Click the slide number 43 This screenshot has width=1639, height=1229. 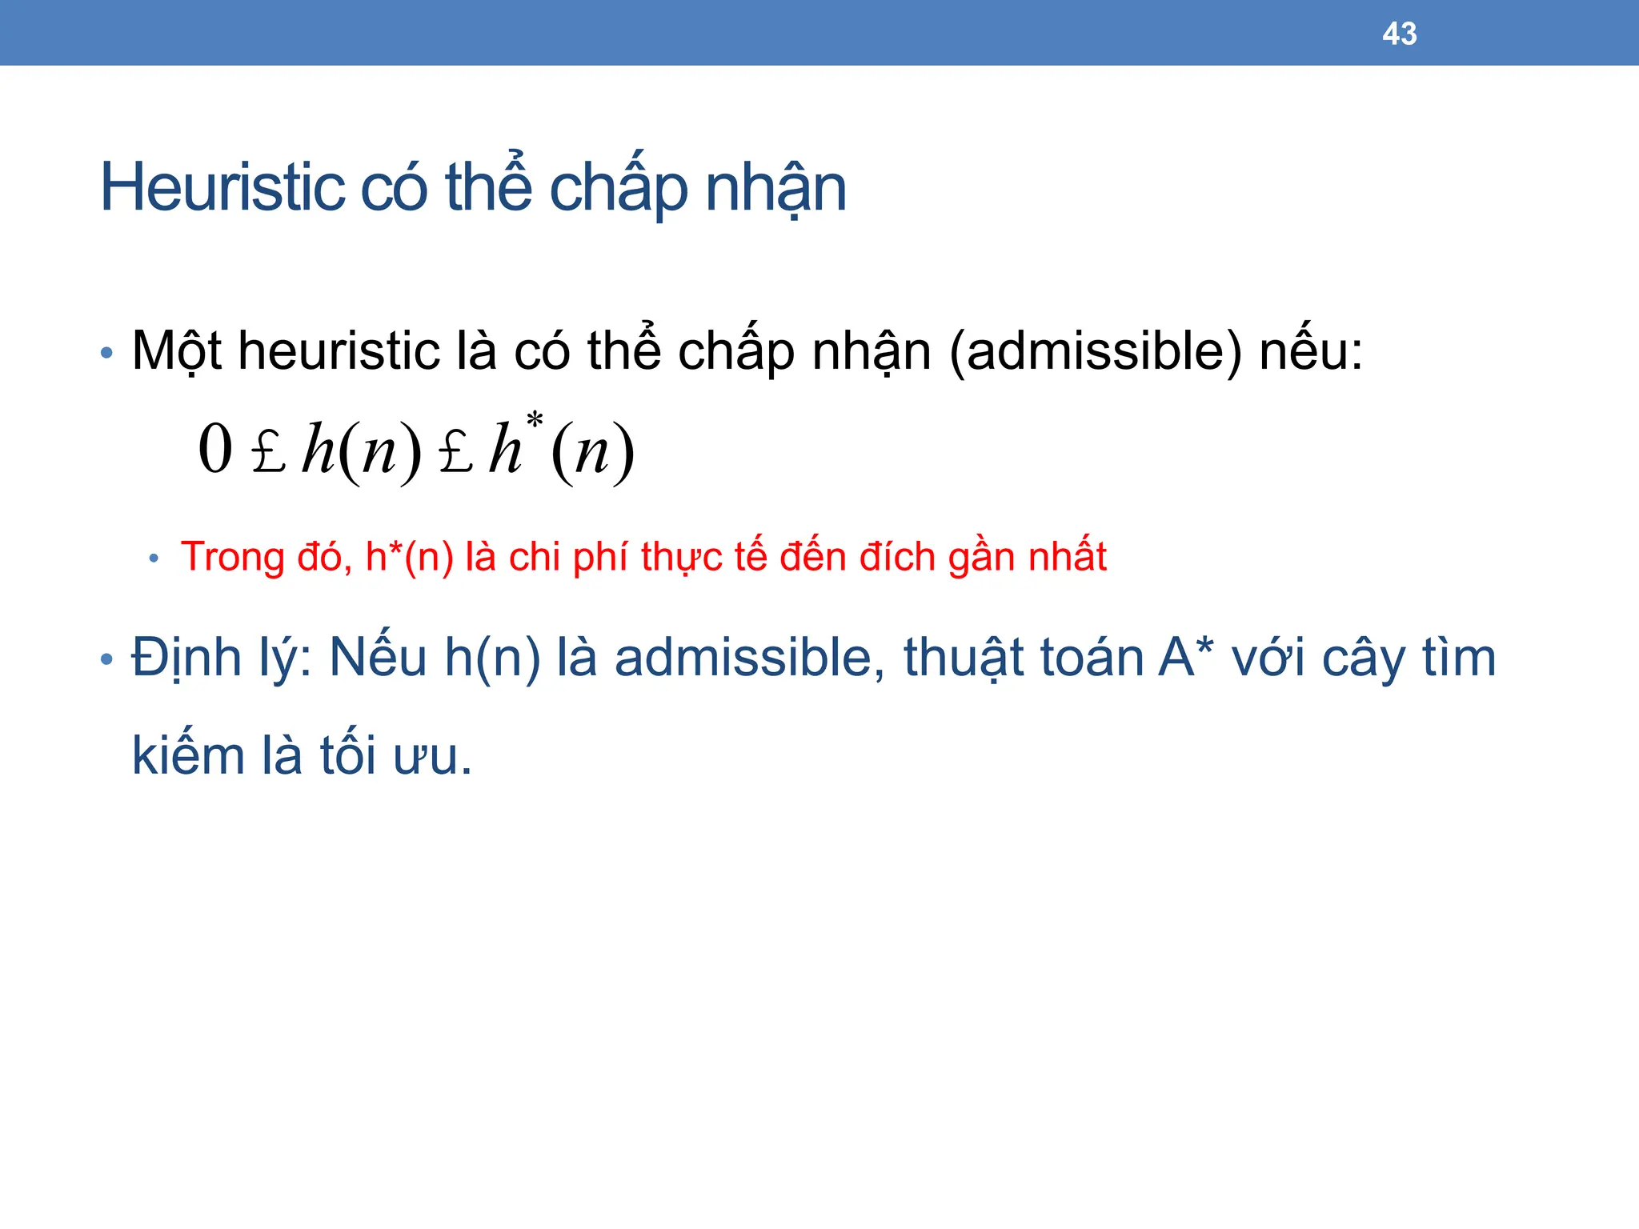pyautogui.click(x=1399, y=34)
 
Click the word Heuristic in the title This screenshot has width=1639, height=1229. pyautogui.click(x=222, y=188)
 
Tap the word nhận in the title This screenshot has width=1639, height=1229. pyautogui.click(x=775, y=188)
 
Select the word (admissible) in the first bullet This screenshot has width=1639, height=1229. pyautogui.click(x=1096, y=352)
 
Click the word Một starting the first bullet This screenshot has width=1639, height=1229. pyautogui.click(x=176, y=352)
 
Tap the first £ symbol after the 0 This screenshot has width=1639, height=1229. pyautogui.click(x=268, y=452)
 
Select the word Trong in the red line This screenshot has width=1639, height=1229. pyautogui.click(x=232, y=557)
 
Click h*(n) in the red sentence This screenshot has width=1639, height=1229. pyautogui.click(x=409, y=557)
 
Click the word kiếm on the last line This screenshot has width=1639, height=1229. pyautogui.click(x=187, y=755)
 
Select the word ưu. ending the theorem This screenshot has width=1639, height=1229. pyautogui.click(x=432, y=757)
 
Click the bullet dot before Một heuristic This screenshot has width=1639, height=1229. pyautogui.click(x=107, y=353)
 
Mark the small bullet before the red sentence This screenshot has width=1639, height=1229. pyautogui.click(x=154, y=558)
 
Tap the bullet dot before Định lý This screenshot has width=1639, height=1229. pyautogui.click(x=107, y=660)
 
